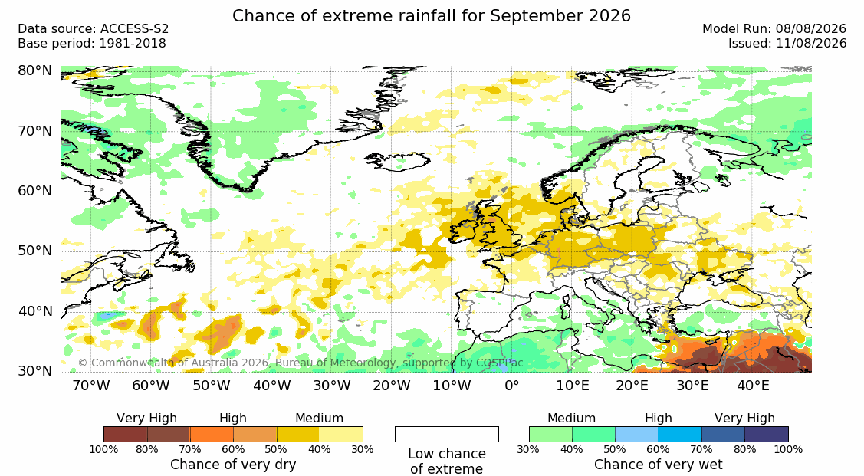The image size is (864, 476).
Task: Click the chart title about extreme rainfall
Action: [x=432, y=15]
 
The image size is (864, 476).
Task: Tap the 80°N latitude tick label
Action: [x=34, y=71]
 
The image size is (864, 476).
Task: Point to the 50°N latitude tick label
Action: [x=34, y=251]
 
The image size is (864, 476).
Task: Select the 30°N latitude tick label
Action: [x=34, y=371]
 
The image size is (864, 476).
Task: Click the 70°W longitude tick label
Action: [x=91, y=386]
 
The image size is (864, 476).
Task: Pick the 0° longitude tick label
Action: [x=512, y=386]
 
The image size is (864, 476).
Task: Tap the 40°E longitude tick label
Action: [x=753, y=386]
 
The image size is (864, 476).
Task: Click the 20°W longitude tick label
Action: [x=391, y=386]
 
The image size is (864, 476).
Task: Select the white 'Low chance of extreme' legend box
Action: [x=447, y=434]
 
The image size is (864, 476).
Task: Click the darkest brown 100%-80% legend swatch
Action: [x=125, y=434]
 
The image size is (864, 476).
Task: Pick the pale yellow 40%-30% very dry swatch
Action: [x=341, y=434]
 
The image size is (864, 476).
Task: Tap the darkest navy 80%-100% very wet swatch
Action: [x=767, y=434]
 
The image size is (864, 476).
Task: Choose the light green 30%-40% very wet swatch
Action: [x=550, y=434]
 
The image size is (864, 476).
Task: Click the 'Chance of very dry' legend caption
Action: [x=233, y=465]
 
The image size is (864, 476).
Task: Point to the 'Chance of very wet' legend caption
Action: [x=659, y=465]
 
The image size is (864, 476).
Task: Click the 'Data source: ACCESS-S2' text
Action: [x=93, y=29]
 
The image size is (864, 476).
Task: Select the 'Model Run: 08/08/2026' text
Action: [x=774, y=29]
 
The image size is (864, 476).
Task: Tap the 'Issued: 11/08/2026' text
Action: [x=787, y=44]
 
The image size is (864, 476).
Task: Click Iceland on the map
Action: [x=398, y=162]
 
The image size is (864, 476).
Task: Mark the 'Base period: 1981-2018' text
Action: [x=91, y=44]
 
